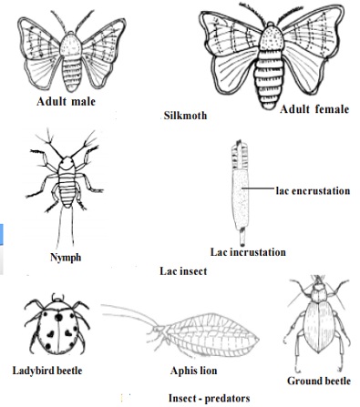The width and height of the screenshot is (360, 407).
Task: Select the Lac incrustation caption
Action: point(248,251)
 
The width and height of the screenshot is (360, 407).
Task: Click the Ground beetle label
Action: point(319,380)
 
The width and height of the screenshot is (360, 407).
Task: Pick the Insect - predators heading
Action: point(209,397)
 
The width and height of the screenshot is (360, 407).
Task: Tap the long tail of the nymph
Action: point(67,223)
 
